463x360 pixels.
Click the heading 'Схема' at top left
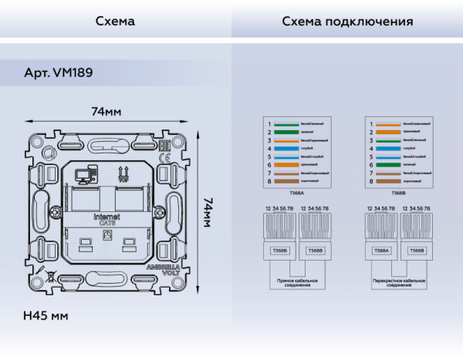tap(115, 21)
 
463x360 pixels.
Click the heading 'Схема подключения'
tap(347, 21)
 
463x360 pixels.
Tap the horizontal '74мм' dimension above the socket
tap(106, 112)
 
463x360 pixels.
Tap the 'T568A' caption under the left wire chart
tap(296, 193)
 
